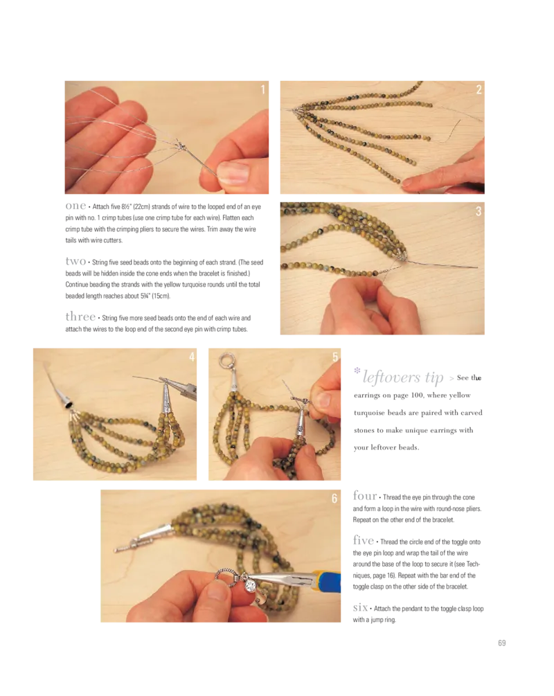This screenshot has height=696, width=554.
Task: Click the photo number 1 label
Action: (x=262, y=89)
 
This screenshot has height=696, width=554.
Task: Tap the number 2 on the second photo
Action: (x=479, y=89)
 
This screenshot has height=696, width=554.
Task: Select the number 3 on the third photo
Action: (x=479, y=211)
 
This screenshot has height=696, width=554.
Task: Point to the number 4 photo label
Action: (x=192, y=357)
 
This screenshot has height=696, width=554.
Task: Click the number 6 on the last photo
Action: (x=334, y=499)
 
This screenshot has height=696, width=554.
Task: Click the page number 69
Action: (x=502, y=643)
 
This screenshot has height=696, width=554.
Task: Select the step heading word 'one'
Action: (x=75, y=206)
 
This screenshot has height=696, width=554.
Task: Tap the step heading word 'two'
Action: (x=75, y=261)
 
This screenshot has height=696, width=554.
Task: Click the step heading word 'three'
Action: (x=80, y=316)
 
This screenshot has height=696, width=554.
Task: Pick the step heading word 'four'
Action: (x=365, y=495)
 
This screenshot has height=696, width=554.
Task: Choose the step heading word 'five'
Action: (x=364, y=540)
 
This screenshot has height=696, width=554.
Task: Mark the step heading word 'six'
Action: (x=361, y=607)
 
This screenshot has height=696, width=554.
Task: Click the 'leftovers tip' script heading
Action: (x=403, y=377)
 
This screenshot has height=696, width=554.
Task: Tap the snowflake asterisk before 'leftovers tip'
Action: (x=357, y=371)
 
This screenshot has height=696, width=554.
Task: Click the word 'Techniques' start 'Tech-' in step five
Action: (x=473, y=564)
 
